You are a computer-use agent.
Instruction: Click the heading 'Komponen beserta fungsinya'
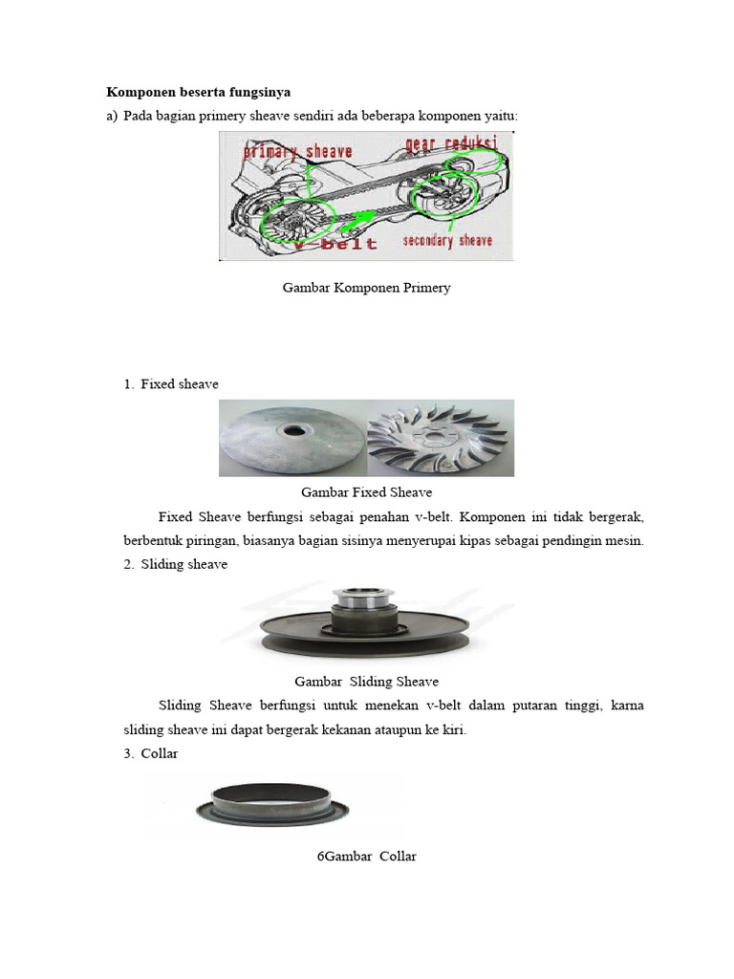197,93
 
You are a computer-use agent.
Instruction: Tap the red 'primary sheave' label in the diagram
298,151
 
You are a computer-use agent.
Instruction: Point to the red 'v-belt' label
335,243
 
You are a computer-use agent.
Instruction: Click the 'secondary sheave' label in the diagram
446,240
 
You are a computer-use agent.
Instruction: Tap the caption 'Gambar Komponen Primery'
366,288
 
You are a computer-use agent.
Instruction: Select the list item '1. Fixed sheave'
171,384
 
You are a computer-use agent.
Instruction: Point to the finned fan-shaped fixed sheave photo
441,438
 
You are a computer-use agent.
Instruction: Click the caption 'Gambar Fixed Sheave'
366,492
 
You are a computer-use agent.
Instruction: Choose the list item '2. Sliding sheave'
175,564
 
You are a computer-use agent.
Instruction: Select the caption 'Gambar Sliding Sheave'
366,682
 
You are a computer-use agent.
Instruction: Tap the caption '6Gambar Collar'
366,857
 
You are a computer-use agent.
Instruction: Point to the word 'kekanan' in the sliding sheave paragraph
352,730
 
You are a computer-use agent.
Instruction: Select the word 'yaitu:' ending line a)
499,116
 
